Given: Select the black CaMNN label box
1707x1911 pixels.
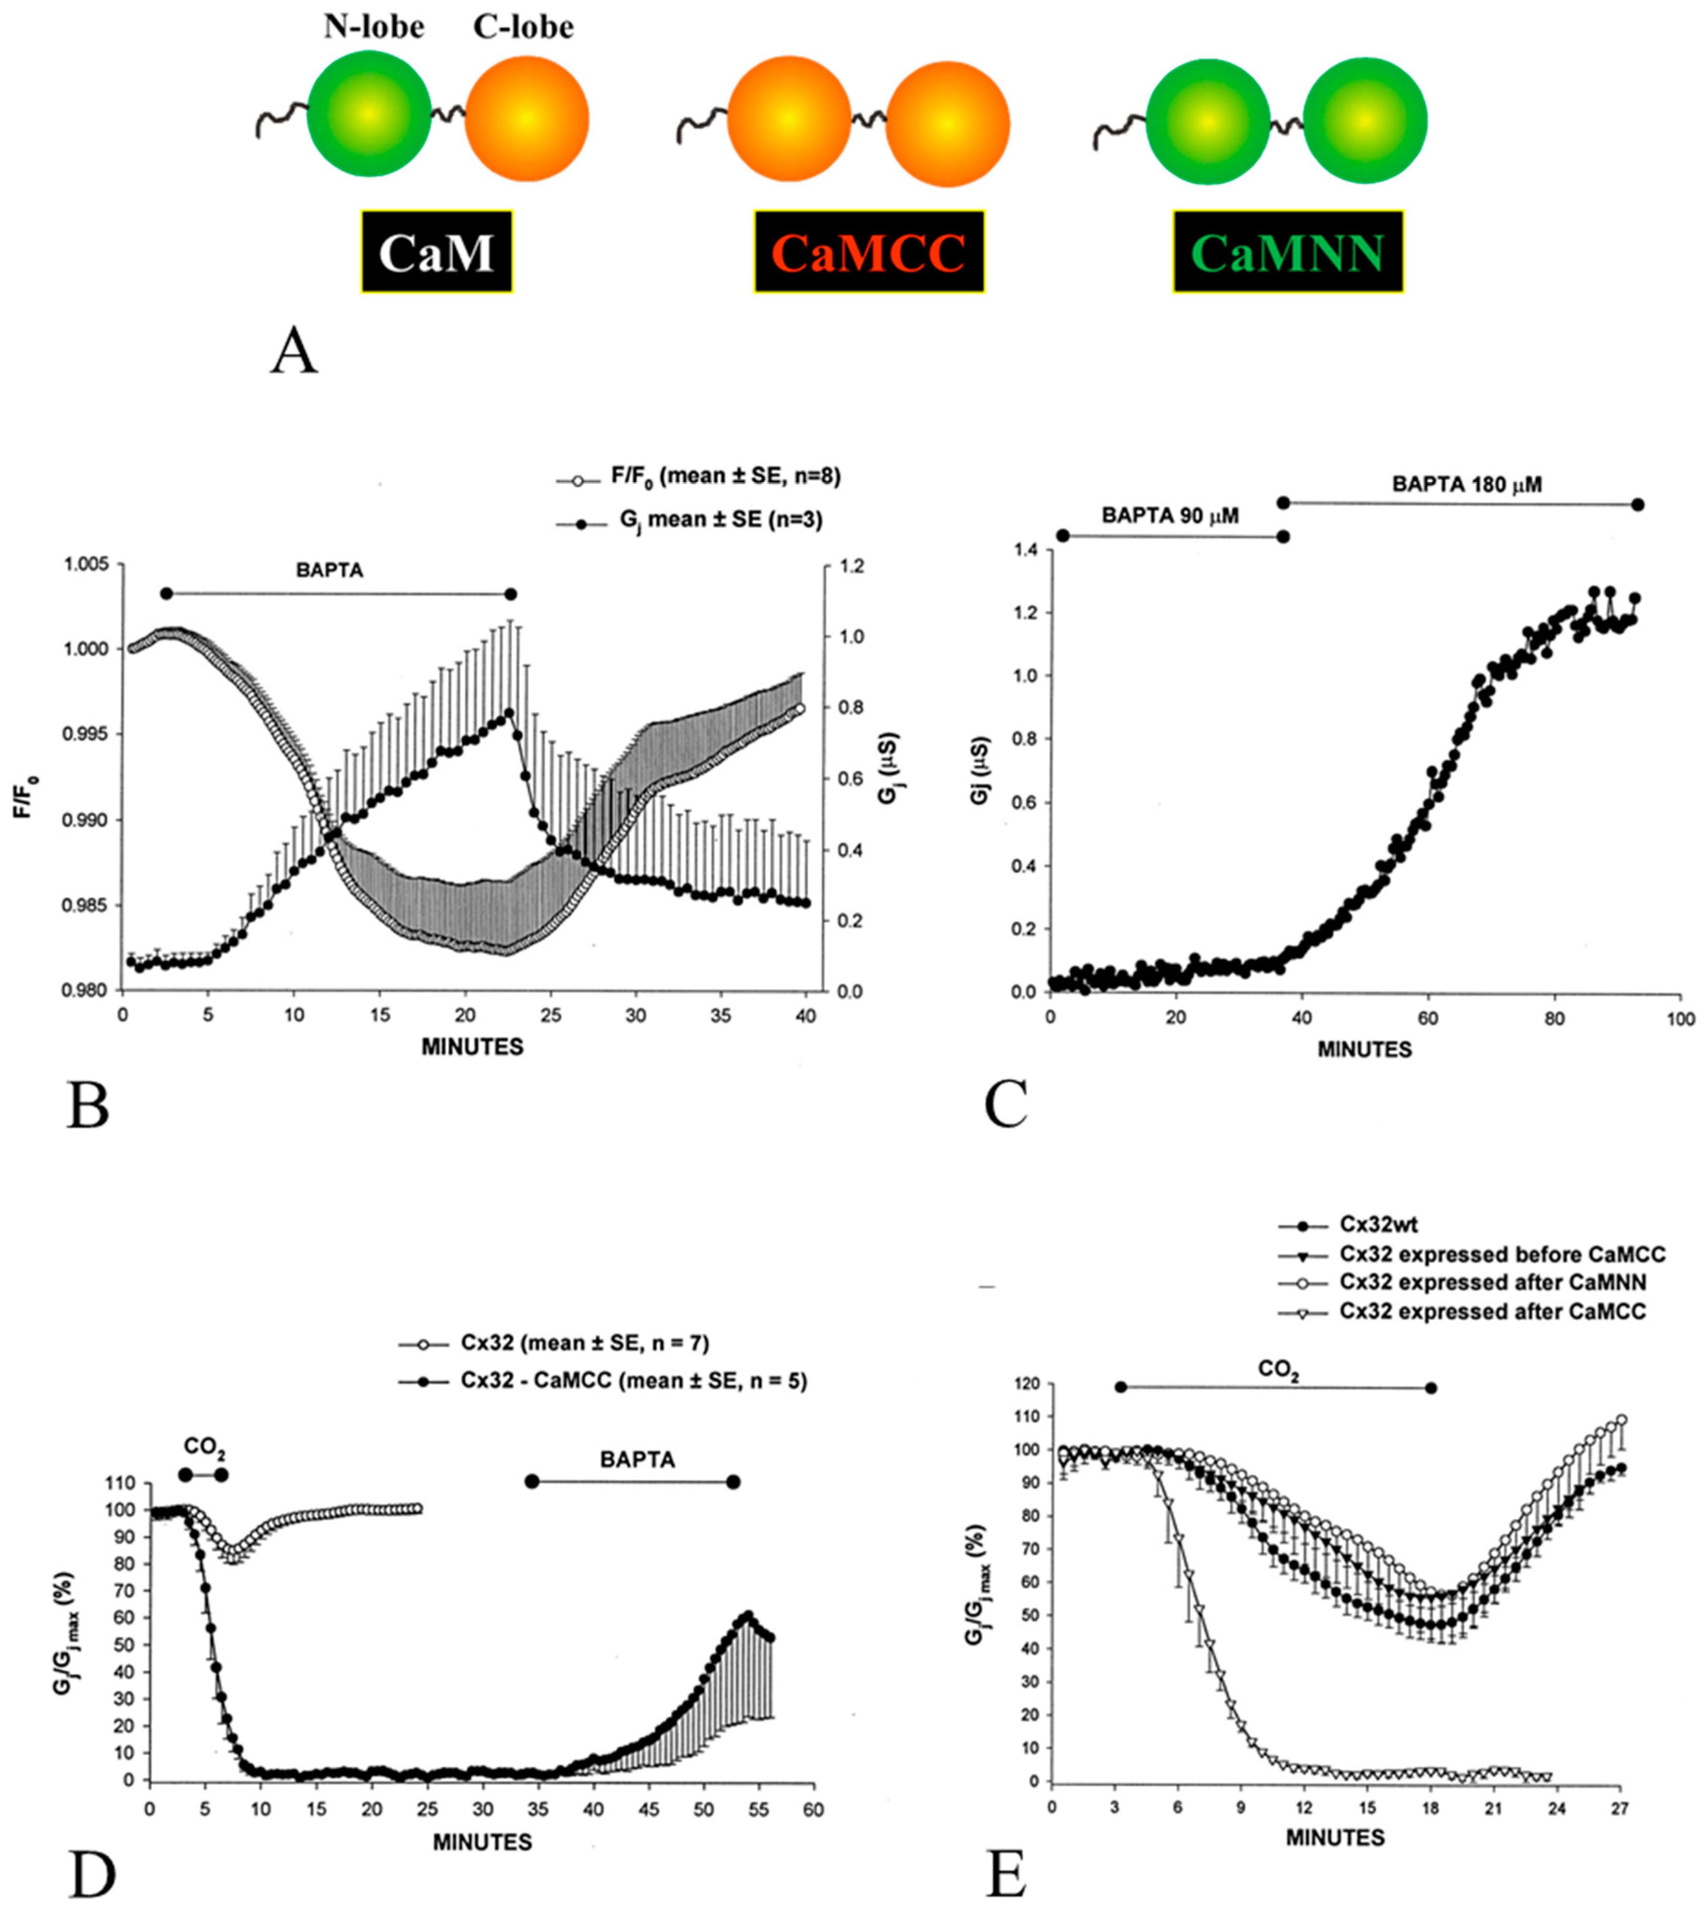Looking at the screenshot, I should [1288, 251].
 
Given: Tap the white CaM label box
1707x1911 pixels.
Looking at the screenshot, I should [436, 251].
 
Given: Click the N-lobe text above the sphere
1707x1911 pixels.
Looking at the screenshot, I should [373, 27].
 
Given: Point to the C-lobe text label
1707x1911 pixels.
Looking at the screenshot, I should [523, 27].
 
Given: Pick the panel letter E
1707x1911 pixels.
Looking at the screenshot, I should [1006, 1874].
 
